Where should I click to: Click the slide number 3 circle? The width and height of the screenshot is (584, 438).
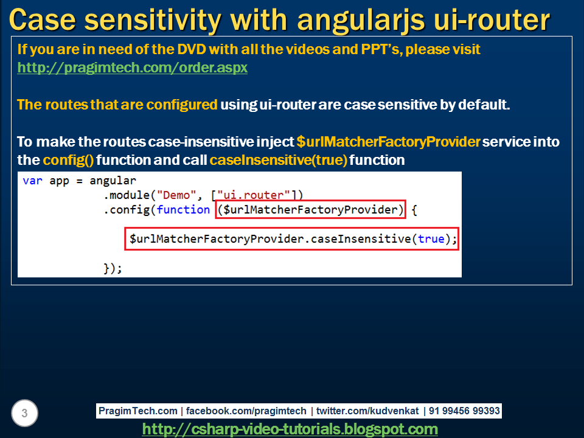tap(24, 414)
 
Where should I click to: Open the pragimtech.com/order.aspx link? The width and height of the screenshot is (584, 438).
tap(132, 68)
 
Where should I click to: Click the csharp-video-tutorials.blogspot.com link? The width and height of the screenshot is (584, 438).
tap(290, 429)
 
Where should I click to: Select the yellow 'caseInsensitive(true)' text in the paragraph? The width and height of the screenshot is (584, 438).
tap(278, 161)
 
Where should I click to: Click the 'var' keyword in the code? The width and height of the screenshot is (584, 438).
tap(32, 181)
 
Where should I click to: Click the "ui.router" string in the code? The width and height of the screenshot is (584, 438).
tap(254, 195)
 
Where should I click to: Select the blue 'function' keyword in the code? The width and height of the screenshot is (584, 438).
tap(183, 210)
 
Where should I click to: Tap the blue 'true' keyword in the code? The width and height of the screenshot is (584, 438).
tap(431, 239)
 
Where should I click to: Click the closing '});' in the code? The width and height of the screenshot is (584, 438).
tap(113, 268)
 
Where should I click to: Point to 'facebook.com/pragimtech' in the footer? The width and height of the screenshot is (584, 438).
tap(246, 411)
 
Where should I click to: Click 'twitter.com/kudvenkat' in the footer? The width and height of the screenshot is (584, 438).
tap(367, 411)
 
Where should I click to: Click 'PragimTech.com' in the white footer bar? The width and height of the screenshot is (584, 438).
tap(139, 411)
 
